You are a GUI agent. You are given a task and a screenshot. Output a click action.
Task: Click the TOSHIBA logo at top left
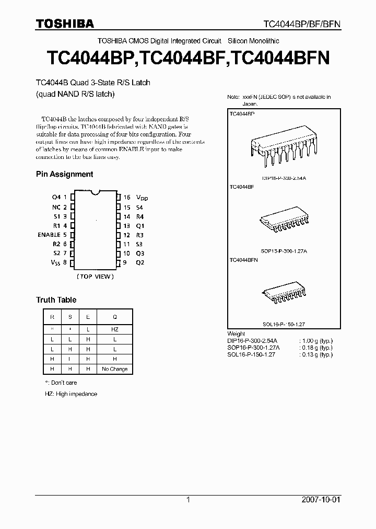pos(65,24)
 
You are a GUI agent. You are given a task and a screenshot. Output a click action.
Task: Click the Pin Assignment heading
pos(64,174)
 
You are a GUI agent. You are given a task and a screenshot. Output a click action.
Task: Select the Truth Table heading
pos(56,300)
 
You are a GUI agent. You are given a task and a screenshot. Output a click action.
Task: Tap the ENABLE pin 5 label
pos(49,235)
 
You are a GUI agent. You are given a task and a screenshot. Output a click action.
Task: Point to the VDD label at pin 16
pos(142,198)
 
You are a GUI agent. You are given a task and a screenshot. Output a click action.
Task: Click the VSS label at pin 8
pos(55,262)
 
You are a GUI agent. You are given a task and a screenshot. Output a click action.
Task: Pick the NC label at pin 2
pos(56,207)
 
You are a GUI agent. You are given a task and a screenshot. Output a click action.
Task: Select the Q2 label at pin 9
pos(140,262)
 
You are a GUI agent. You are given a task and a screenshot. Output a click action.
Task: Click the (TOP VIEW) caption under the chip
pos(95,276)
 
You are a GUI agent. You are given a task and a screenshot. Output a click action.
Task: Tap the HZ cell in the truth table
pos(115,329)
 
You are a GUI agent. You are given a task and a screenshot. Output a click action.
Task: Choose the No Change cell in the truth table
pos(115,369)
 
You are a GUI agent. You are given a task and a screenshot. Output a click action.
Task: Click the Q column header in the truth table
pos(115,317)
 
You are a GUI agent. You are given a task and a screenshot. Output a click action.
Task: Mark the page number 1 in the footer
pos(188,500)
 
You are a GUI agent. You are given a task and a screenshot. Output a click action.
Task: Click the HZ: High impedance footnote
pos(71,394)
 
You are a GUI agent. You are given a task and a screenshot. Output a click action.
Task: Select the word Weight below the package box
pos(236,334)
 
